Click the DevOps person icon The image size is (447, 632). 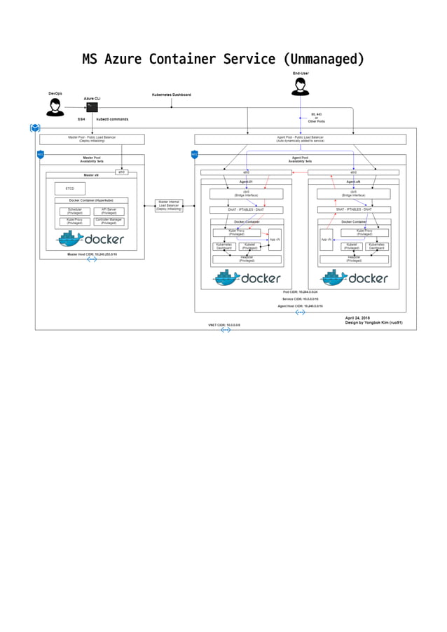click(54, 107)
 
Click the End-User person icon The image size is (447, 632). click(301, 85)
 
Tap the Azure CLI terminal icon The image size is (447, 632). click(90, 107)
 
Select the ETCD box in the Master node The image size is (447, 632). click(69, 188)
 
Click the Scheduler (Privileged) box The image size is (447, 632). click(74, 211)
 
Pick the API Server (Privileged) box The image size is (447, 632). click(109, 211)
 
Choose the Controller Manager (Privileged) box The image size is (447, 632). click(109, 221)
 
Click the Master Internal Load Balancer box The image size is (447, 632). click(169, 205)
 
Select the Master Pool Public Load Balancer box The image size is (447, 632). click(92, 139)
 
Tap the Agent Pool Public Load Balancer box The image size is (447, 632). click(300, 139)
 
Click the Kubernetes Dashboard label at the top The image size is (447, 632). click(171, 95)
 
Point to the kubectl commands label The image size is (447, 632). click(112, 119)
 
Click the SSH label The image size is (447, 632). click(81, 119)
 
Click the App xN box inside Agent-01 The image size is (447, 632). click(275, 240)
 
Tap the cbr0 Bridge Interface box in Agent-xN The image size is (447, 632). click(353, 194)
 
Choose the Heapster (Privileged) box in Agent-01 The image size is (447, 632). click(247, 259)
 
